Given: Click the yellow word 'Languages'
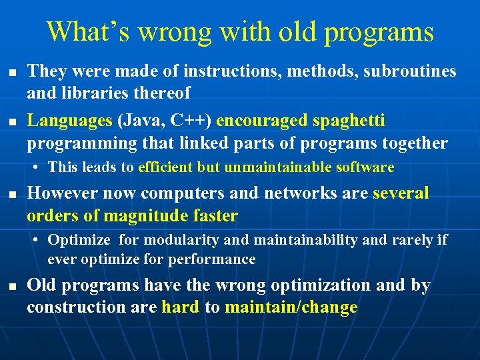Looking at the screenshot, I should click(x=70, y=121).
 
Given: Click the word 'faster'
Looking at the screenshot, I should click(x=213, y=216).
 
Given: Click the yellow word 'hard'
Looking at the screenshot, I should click(x=180, y=307).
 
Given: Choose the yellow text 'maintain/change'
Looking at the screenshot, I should click(x=291, y=307).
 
